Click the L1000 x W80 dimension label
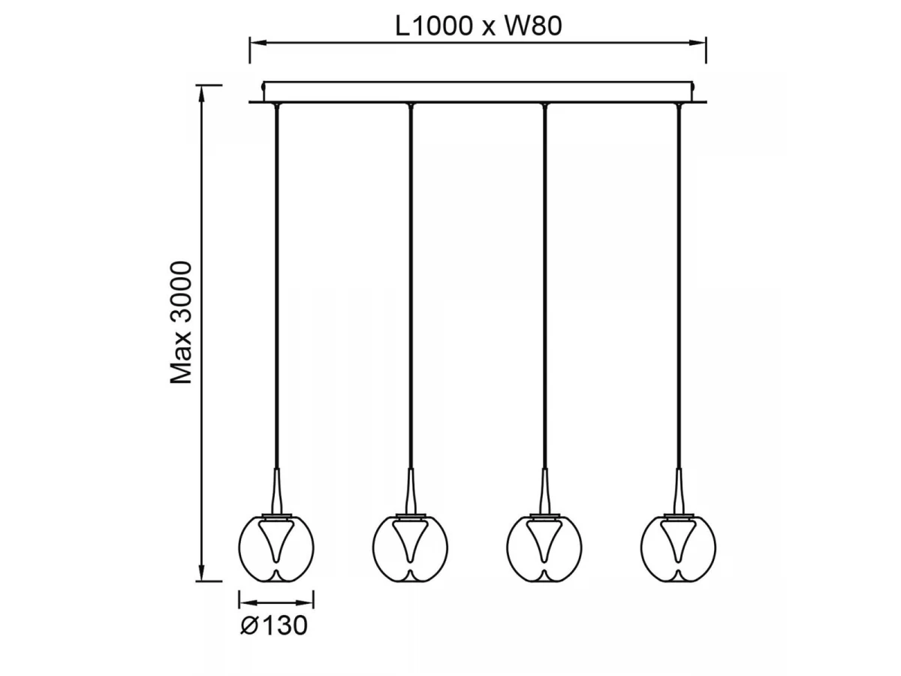coord(478,26)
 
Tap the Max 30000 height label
coord(181,323)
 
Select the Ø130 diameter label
coord(274,626)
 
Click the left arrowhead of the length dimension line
coord(258,43)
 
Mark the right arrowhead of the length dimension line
coord(698,43)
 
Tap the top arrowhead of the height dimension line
coord(201,95)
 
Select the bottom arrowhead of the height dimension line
coord(201,572)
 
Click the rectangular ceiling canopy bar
coord(478,92)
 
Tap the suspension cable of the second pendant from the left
coord(411,288)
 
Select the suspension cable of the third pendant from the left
coord(544,288)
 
